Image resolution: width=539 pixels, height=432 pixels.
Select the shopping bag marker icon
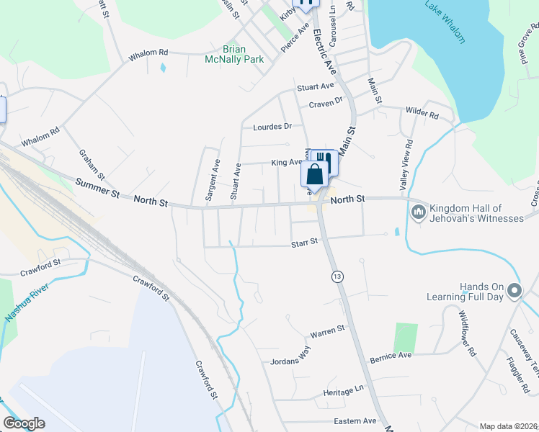(315, 174)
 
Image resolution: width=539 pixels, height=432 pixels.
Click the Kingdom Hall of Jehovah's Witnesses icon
(419, 212)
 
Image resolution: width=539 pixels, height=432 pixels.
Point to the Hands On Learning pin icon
(514, 291)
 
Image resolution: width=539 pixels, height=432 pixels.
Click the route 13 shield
(337, 277)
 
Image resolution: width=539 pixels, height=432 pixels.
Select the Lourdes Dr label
(272, 127)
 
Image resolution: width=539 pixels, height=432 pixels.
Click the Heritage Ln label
(343, 390)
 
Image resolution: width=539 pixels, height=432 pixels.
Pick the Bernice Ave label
(390, 356)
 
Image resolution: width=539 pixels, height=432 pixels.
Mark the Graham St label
(92, 165)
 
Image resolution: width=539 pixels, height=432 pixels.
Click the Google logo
(24, 423)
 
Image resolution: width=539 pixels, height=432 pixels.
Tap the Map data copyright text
(509, 426)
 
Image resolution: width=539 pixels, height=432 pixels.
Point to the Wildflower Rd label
(467, 332)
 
